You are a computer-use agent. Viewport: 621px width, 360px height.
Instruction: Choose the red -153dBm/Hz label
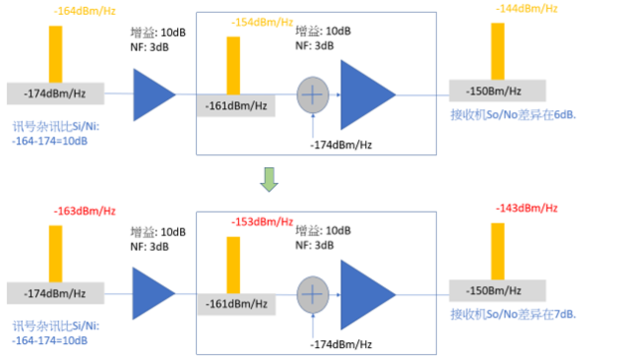click(x=262, y=222)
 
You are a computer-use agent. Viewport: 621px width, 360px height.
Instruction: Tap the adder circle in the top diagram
click(x=313, y=95)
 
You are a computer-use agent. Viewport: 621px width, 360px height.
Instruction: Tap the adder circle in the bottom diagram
click(x=313, y=294)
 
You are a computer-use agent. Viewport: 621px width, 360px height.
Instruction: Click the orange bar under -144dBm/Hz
click(x=498, y=51)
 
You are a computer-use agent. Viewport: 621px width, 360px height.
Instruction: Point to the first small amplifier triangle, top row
click(x=154, y=93)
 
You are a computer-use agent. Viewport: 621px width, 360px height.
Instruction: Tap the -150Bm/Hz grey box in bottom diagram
click(x=497, y=291)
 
